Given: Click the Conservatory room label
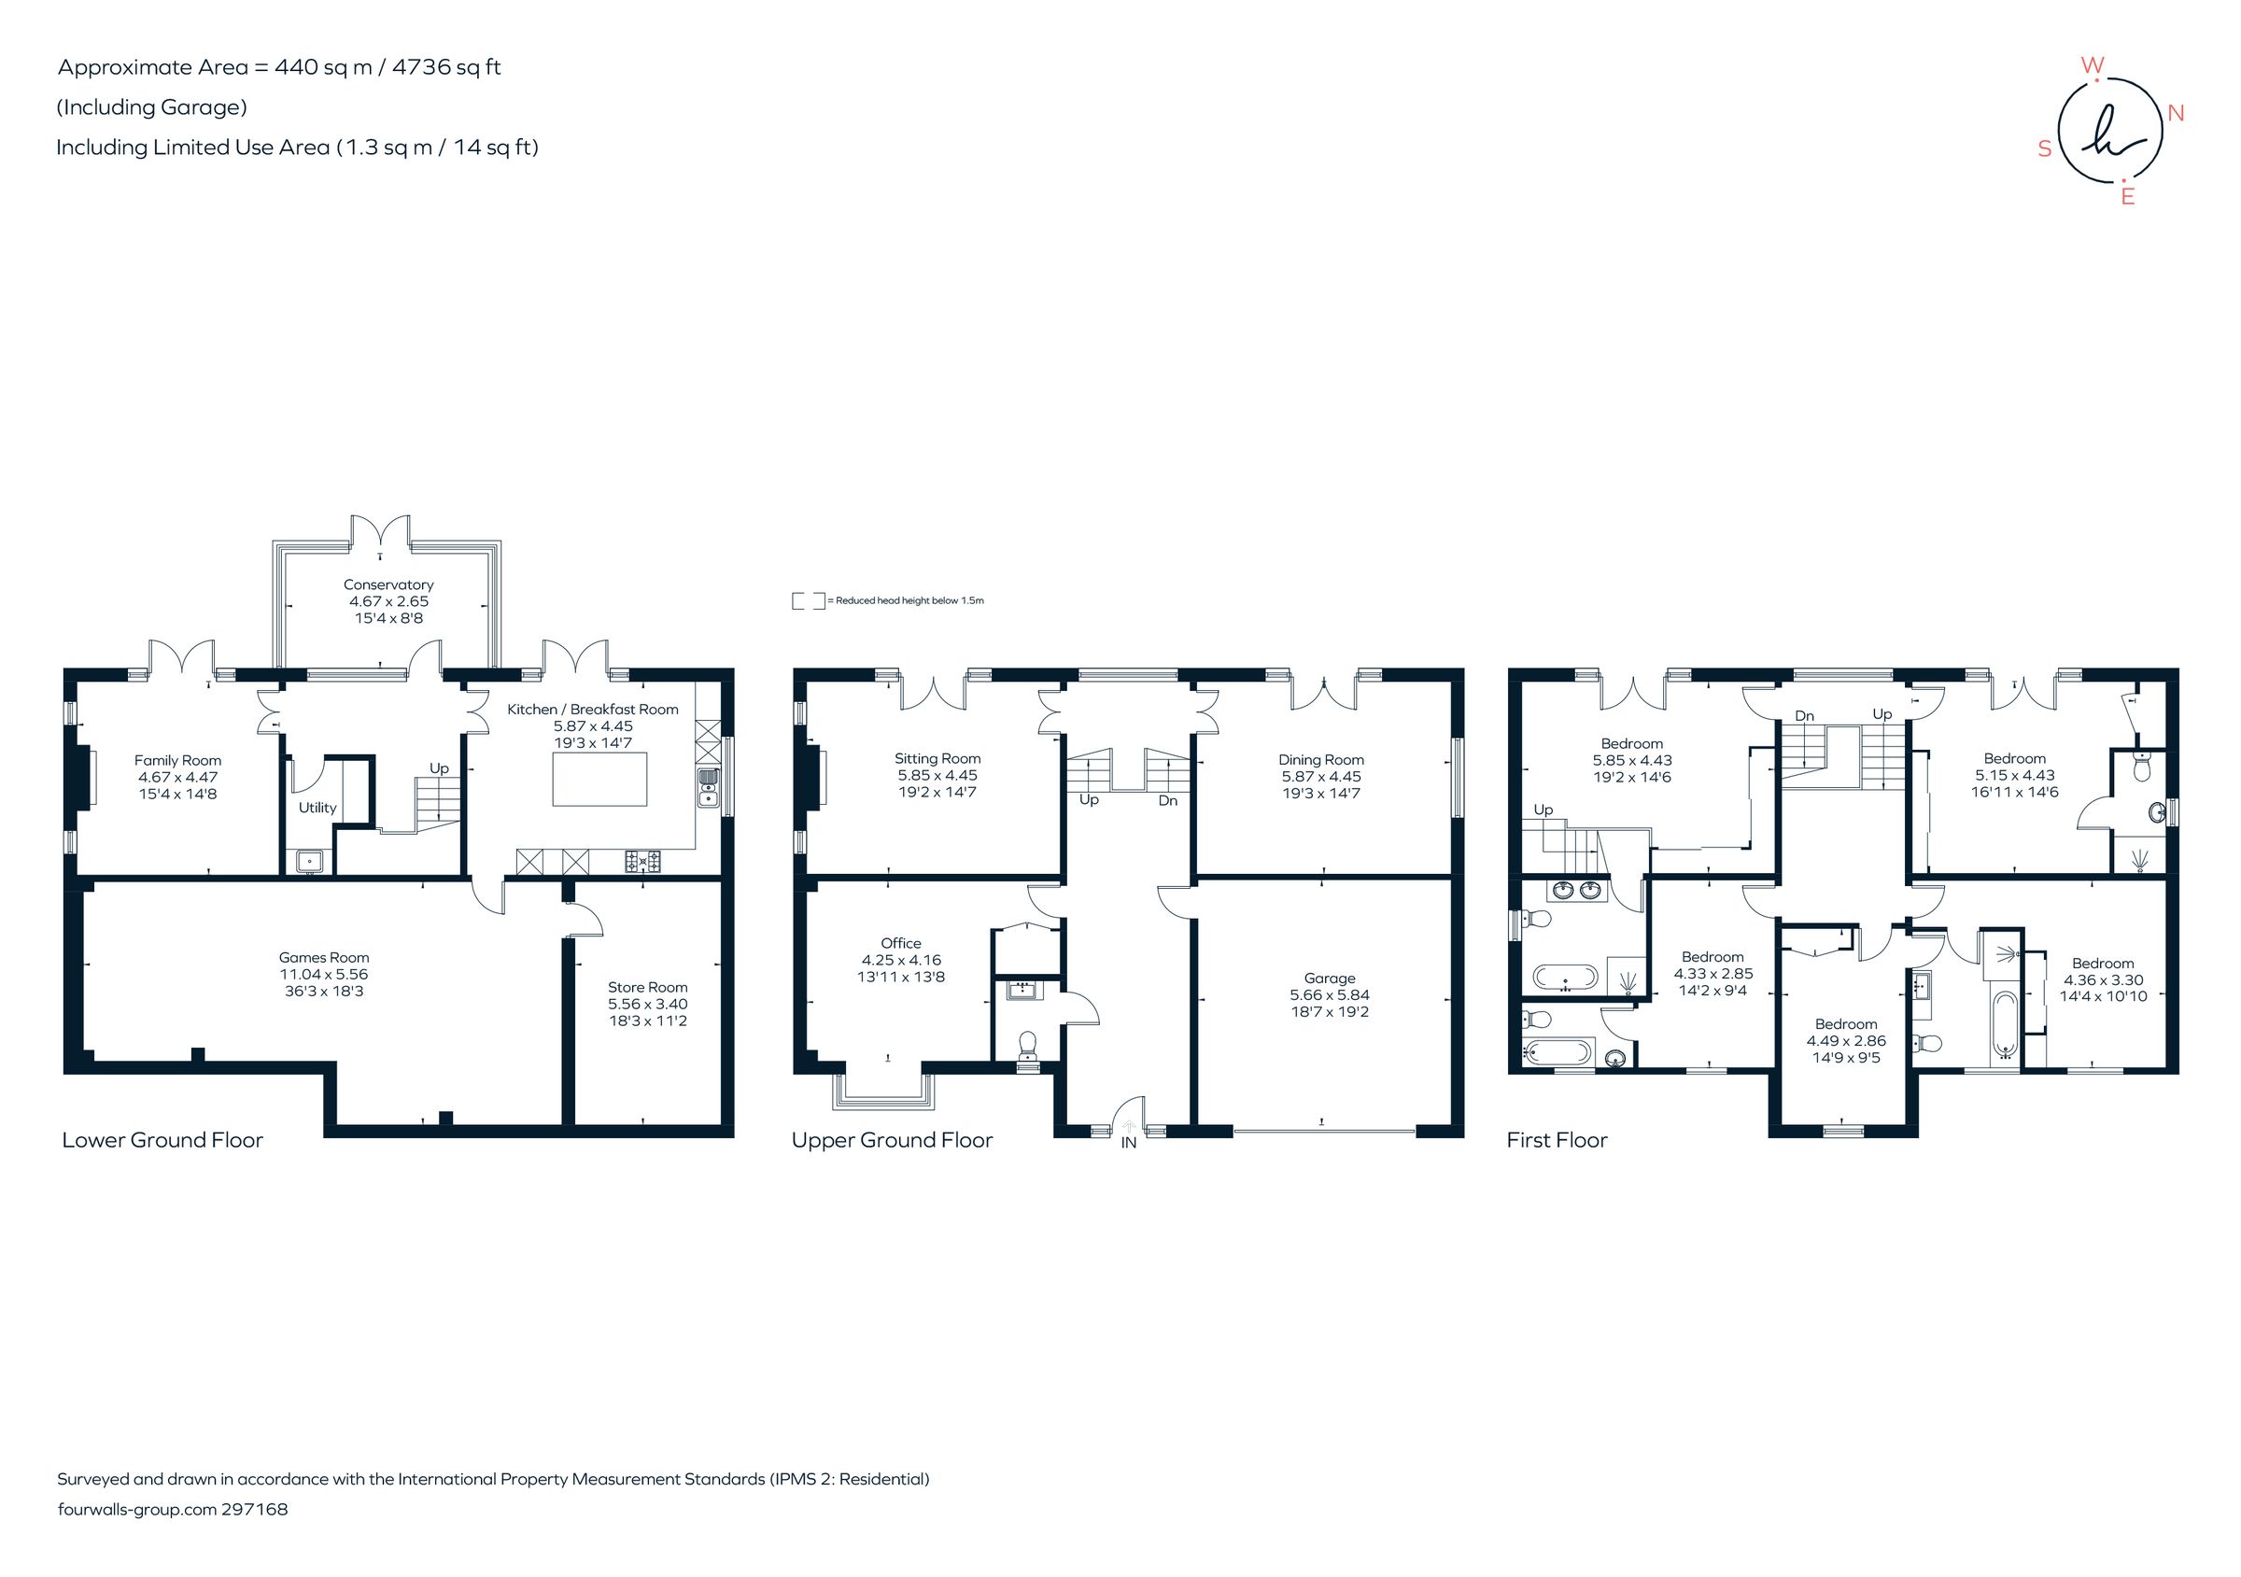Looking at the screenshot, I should [388, 584].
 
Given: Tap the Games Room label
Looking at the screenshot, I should [323, 957].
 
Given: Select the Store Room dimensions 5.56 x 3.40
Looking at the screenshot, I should [647, 1003].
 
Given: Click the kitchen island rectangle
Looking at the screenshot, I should [599, 778].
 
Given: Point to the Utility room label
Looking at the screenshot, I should [317, 807].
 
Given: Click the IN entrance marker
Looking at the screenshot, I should [1128, 1142].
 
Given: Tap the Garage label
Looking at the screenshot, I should [1329, 978].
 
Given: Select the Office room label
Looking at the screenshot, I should [900, 943].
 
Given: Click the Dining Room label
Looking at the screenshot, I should [1320, 759].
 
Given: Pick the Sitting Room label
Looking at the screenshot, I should [937, 758].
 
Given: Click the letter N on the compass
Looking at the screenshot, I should [2176, 113].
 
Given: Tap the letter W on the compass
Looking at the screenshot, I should [2092, 65].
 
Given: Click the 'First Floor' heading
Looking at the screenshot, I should [1556, 1140].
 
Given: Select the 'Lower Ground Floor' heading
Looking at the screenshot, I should [162, 1140].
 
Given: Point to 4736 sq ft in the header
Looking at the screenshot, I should [446, 67].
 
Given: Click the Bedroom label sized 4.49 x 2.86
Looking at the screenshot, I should [1846, 1023].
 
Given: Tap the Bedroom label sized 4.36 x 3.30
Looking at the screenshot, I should [2103, 964].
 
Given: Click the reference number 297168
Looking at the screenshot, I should [254, 1509].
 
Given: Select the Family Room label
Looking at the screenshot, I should [177, 760].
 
